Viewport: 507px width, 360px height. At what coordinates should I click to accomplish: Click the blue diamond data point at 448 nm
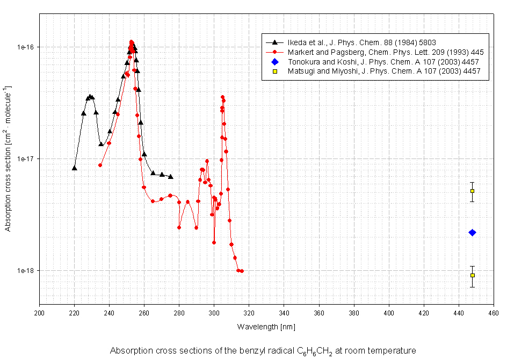472,233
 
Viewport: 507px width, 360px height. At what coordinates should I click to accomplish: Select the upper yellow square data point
472,191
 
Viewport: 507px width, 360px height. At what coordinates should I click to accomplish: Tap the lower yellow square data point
472,275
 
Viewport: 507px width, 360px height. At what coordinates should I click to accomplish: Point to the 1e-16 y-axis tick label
26,47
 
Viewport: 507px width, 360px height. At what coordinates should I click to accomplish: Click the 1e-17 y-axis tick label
26,159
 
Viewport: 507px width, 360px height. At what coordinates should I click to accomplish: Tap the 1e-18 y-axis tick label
26,271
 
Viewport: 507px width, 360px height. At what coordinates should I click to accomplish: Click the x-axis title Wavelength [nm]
266,326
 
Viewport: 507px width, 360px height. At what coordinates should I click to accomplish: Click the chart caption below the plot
263,351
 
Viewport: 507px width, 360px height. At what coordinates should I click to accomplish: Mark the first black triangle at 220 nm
75,168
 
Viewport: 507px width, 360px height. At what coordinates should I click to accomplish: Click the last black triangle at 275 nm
171,177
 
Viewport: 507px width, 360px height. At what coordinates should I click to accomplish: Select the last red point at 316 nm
242,271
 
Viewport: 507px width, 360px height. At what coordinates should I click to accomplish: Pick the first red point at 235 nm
100,165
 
